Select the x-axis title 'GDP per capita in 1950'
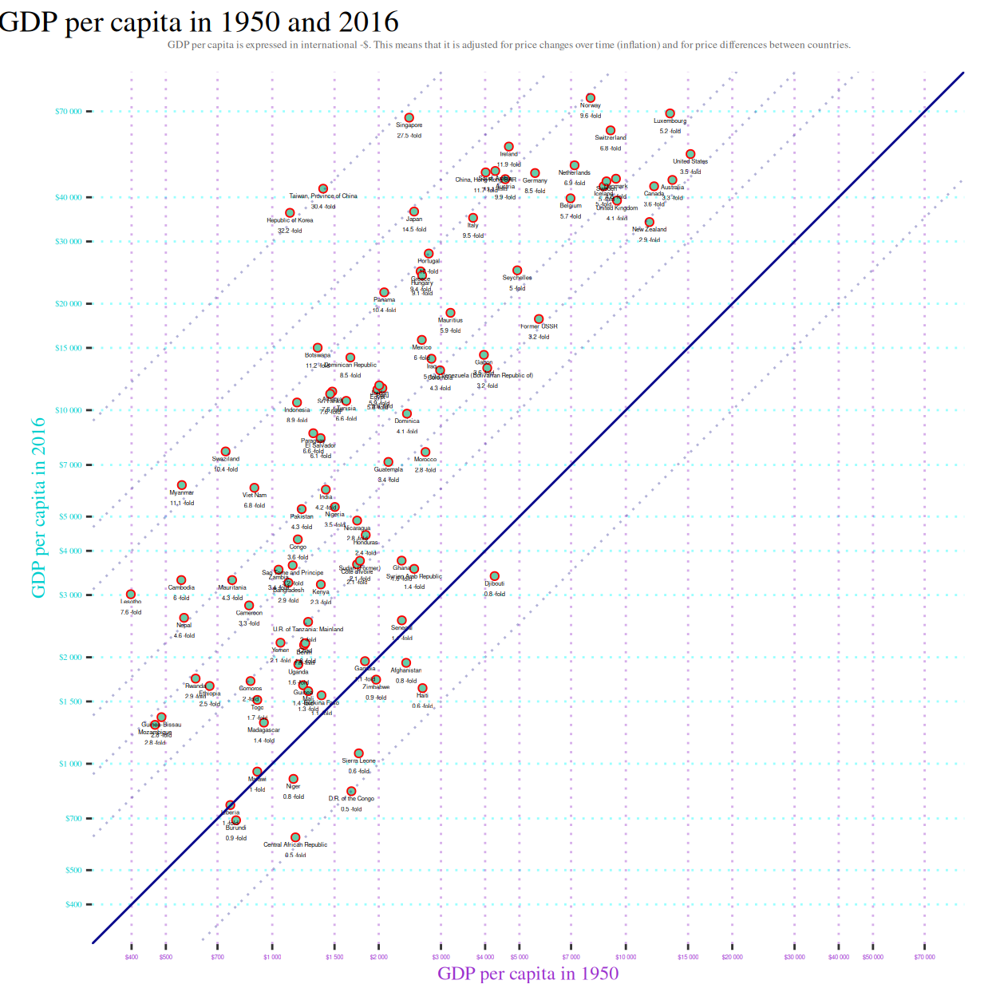(528, 973)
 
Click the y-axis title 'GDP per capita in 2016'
(38, 508)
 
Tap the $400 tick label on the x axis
(132, 957)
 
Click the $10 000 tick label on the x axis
(626, 957)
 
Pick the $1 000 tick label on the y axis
(70, 764)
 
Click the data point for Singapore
(409, 118)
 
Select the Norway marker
(591, 98)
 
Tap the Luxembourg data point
(670, 114)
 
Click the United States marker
(690, 154)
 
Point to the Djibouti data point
(494, 576)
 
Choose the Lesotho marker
(131, 595)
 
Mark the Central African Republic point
(295, 837)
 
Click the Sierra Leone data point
(358, 753)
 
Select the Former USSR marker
(539, 319)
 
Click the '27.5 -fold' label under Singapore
(409, 136)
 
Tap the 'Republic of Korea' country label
(290, 220)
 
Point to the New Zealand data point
(650, 223)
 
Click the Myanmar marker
(182, 485)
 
